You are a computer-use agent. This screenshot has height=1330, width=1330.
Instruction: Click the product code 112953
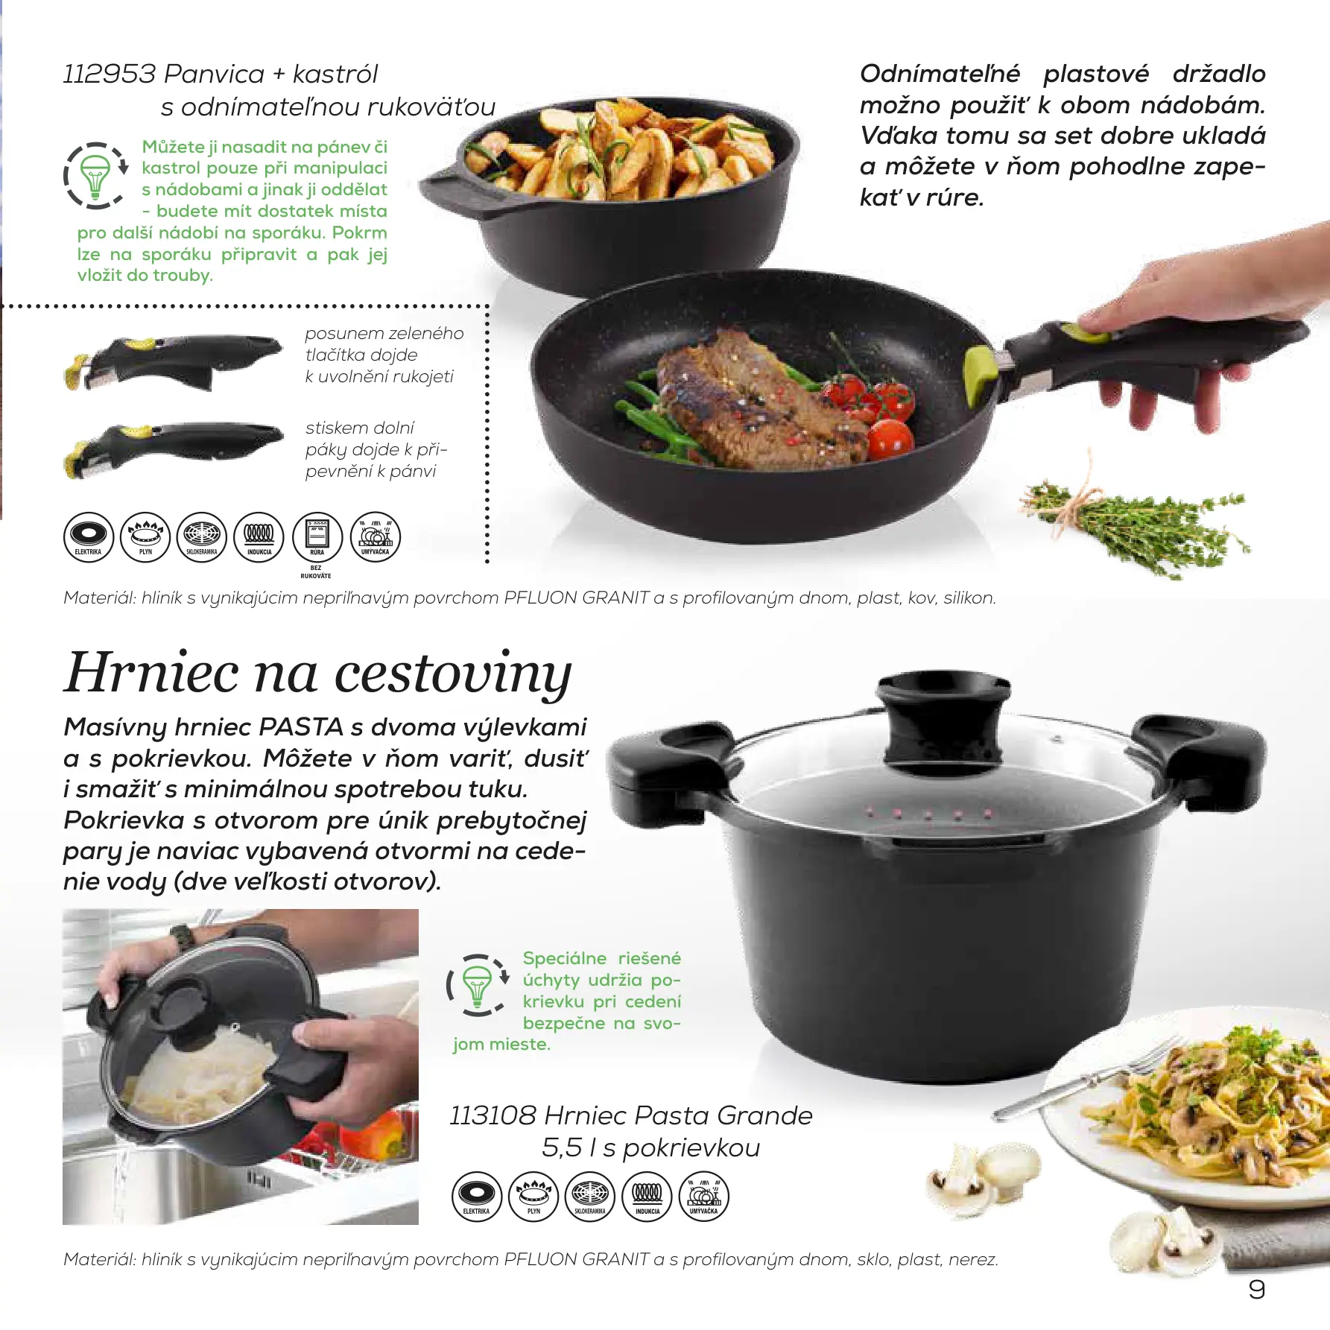click(110, 75)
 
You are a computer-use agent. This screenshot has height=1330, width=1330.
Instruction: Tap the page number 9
click(1256, 1290)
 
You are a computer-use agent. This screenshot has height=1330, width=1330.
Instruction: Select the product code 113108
click(493, 1115)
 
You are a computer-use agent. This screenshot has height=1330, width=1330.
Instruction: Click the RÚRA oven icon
click(317, 536)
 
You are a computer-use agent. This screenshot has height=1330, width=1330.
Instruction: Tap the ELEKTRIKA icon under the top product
click(89, 536)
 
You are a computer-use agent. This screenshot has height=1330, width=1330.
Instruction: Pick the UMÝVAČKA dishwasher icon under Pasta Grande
click(704, 1196)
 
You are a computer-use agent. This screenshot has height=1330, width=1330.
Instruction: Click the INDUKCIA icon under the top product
click(259, 536)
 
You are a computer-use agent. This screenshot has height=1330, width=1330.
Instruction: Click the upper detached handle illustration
click(173, 361)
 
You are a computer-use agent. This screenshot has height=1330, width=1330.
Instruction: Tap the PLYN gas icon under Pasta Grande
click(533, 1196)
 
